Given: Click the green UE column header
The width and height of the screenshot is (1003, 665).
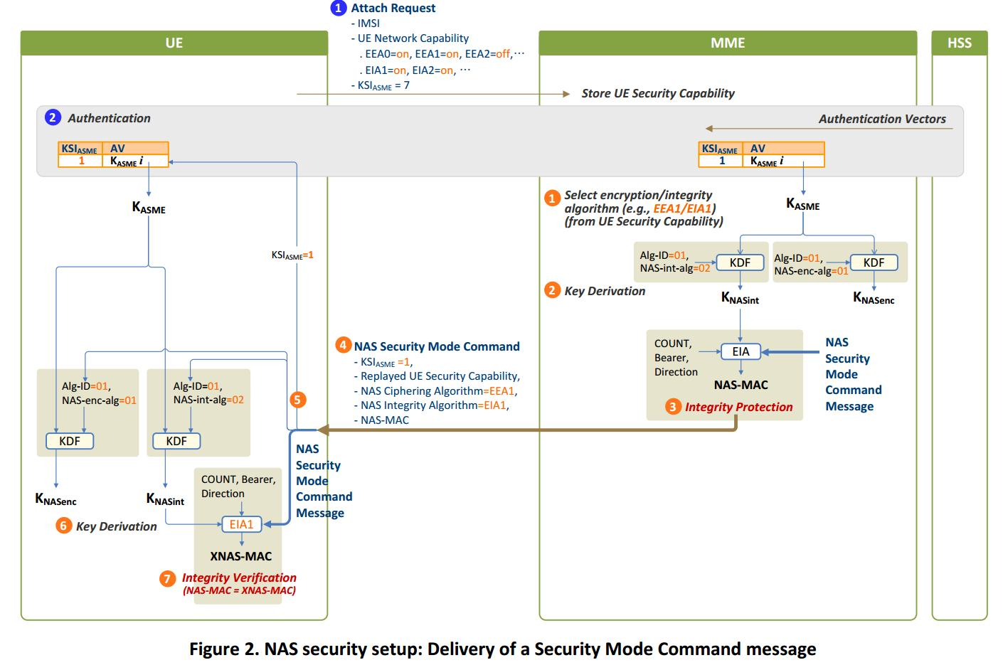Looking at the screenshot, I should pos(174,43).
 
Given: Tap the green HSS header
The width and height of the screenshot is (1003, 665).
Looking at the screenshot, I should pos(959,43).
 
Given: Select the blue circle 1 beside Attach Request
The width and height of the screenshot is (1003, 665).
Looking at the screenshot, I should pos(339,9).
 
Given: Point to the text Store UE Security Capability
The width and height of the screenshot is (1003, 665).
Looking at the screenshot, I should pos(657,93).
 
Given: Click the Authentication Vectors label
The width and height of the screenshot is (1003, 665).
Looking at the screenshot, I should pos(881,119).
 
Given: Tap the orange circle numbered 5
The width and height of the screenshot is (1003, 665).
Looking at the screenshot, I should pos(298,400).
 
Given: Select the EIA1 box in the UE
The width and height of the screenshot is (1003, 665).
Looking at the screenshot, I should pos(241,524).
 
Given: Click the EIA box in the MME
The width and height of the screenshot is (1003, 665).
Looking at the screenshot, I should pos(741,351).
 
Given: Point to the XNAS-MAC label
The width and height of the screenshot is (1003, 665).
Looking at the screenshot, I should pos(240,556).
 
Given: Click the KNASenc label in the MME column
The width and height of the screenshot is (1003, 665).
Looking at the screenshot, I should pos(874,298).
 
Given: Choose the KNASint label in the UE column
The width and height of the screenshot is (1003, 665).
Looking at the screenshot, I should pos(165,499).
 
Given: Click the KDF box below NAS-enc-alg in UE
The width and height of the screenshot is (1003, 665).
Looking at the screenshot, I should pos(70,441).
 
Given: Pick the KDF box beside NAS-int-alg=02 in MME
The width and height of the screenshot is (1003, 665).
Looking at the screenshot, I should pos(740,262).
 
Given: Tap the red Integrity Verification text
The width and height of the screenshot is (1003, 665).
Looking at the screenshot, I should pos(239,578).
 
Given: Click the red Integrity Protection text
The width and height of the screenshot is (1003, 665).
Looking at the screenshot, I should pos(738,407).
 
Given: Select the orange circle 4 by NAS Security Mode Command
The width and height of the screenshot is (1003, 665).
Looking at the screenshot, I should pos(343,346).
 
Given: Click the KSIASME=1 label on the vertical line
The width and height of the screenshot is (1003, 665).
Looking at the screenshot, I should pos(292,255).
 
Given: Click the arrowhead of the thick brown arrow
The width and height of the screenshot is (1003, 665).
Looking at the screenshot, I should pos(322,430).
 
